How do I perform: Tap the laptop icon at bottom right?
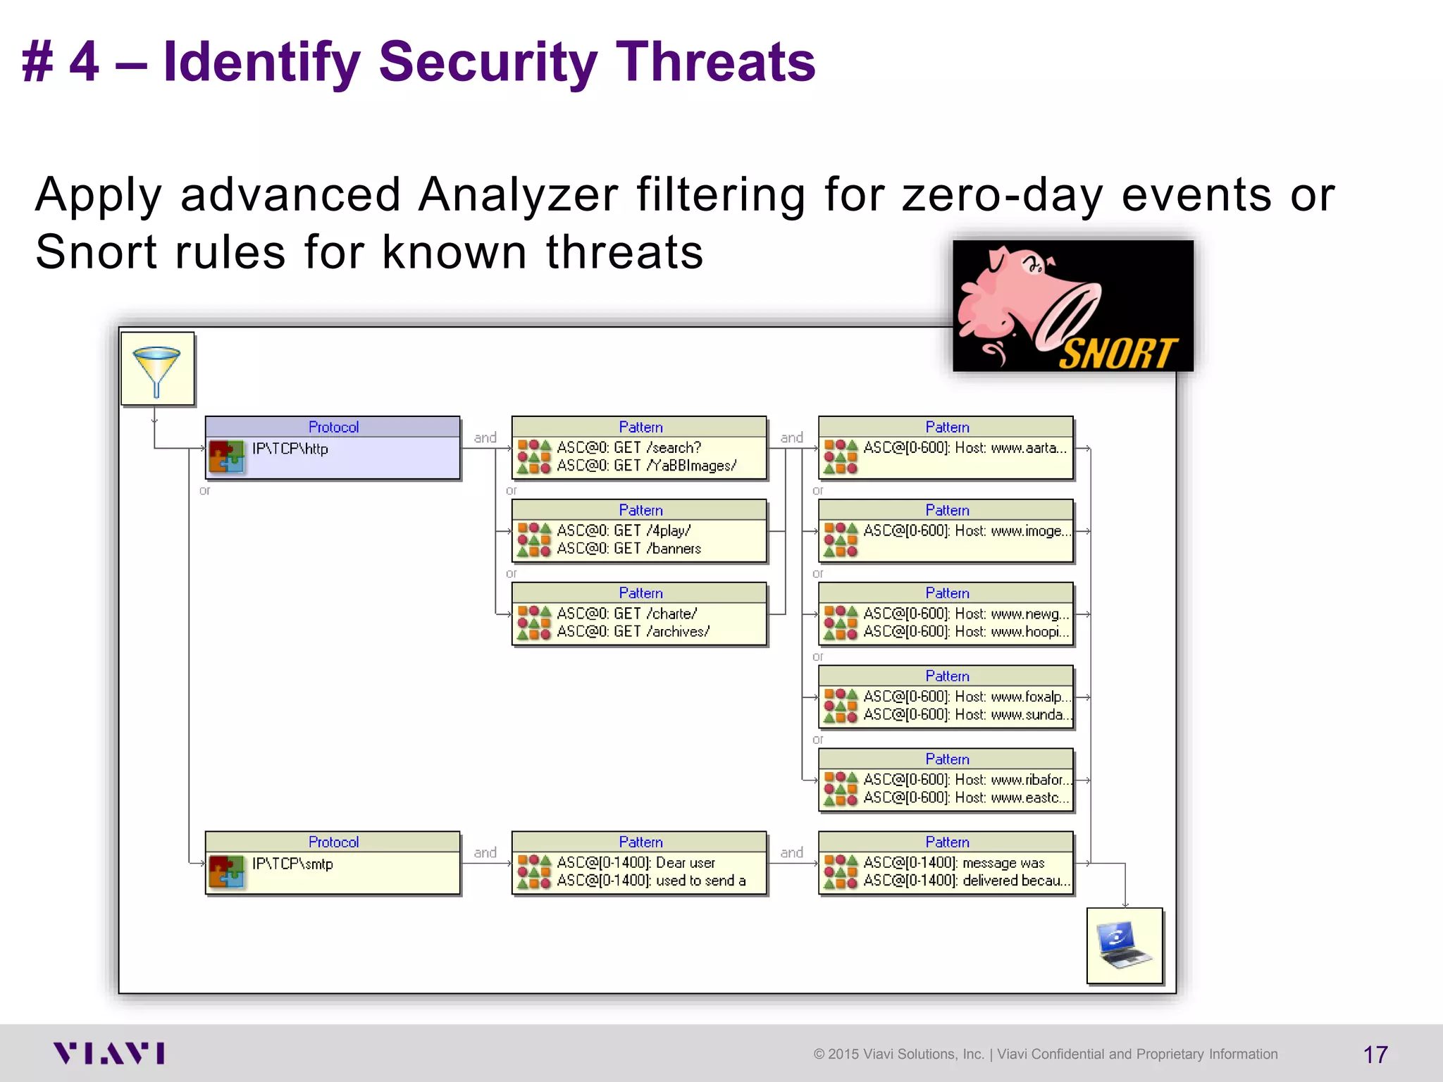point(1124,946)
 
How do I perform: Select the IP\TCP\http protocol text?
point(290,449)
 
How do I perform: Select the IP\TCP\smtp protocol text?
point(292,864)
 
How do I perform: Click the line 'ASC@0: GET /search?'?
point(628,447)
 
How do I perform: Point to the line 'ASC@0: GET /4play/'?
point(624,530)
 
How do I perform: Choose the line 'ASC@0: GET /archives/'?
point(633,632)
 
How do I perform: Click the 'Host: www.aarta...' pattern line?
point(965,447)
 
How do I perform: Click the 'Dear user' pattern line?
point(636,862)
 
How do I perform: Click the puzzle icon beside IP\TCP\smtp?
point(226,871)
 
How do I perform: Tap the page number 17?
point(1375,1055)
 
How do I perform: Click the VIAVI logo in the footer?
point(109,1053)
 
